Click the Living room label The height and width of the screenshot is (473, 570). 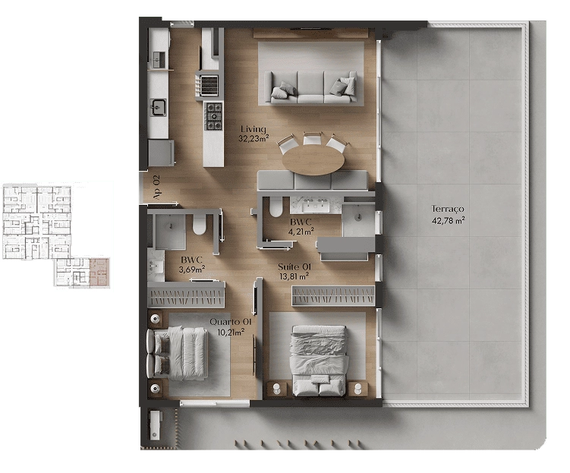[254, 129]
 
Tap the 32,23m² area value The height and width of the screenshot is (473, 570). [254, 138]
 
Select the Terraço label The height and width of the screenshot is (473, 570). [448, 209]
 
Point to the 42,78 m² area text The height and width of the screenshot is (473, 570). [449, 220]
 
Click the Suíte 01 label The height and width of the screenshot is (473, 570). [294, 267]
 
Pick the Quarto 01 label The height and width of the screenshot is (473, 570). [231, 322]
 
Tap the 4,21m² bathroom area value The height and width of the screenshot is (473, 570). [302, 232]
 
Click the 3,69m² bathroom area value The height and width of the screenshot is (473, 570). [191, 270]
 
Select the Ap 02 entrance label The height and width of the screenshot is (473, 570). [156, 188]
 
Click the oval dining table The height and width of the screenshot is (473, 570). [313, 159]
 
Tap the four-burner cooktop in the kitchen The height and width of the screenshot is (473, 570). [213, 116]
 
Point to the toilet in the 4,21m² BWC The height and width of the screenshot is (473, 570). [276, 207]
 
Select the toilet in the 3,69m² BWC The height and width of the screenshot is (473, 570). [199, 224]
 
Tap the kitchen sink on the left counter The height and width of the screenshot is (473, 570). [159, 108]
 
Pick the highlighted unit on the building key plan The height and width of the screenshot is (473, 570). [99, 271]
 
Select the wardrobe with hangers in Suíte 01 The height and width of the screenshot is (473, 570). [333, 295]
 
